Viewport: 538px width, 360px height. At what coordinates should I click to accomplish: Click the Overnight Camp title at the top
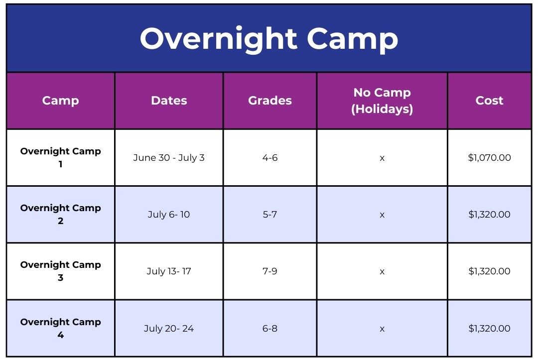point(269,39)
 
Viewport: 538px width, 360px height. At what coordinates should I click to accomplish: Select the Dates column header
point(169,101)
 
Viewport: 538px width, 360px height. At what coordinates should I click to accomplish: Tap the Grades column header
point(269,101)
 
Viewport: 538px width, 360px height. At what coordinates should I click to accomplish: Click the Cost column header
point(489,101)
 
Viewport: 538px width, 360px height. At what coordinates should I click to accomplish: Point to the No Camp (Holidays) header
point(382,101)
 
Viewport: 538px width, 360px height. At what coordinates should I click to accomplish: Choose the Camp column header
point(60,101)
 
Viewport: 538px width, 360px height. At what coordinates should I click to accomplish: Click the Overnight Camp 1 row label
point(60,157)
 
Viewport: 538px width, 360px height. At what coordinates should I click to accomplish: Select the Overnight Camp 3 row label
point(60,271)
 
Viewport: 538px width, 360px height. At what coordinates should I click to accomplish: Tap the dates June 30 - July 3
point(169,158)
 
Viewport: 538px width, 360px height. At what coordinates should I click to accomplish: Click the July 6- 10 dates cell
point(169,215)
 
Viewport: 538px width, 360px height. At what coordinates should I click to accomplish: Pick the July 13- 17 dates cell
point(169,271)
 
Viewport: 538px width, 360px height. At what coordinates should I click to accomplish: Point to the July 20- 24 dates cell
point(169,329)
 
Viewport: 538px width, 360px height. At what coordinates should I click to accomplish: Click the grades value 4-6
point(269,158)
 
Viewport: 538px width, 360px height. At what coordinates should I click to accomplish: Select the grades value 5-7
point(269,215)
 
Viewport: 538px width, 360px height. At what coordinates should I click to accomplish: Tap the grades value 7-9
point(269,271)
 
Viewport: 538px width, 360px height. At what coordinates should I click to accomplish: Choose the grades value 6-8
point(269,329)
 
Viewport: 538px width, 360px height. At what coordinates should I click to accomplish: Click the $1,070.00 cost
point(489,158)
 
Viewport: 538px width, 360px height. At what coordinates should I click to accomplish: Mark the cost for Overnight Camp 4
point(489,329)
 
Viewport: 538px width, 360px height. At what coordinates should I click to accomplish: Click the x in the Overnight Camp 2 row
point(382,215)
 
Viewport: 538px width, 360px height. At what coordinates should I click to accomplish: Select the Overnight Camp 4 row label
point(60,328)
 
